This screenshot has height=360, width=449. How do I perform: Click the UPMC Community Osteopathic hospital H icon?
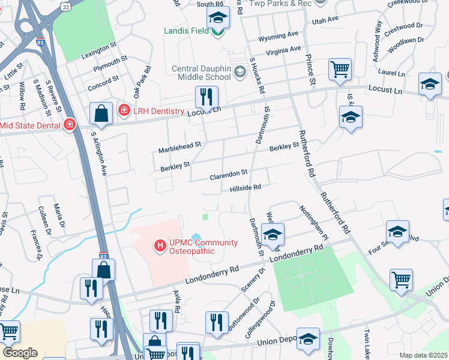coord(160,245)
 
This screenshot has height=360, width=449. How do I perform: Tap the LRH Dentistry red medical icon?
coord(124,110)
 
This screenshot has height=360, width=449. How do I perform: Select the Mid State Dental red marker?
coord(70,125)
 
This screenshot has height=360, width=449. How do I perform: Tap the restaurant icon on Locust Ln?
coord(206,97)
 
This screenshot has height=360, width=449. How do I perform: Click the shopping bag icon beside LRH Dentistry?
coord(101,113)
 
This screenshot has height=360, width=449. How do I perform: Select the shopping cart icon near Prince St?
coord(340,69)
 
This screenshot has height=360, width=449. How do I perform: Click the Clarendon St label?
coord(229,173)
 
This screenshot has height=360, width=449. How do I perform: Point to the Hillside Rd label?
coord(245,187)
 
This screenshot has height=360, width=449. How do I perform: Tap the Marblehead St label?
coord(179,147)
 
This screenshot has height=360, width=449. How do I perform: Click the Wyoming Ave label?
coord(278,37)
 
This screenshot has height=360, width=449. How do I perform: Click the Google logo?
coord(20,353)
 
